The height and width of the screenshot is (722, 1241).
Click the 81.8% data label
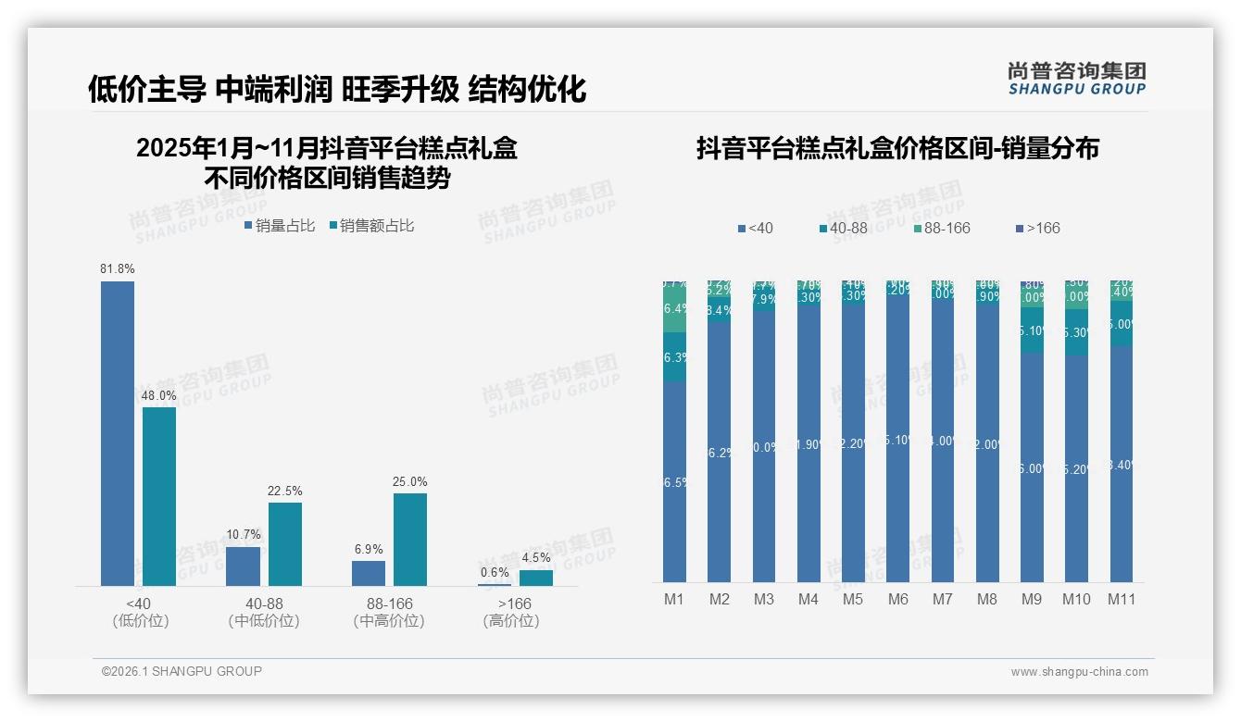click(118, 269)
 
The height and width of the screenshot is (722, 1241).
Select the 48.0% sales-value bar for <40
click(159, 495)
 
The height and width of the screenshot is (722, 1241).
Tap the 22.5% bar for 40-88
click(285, 543)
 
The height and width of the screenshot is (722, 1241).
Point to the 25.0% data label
click(410, 482)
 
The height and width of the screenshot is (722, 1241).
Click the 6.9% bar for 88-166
click(369, 573)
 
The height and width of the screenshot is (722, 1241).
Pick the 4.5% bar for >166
click(535, 578)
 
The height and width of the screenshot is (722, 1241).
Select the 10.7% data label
click(244, 535)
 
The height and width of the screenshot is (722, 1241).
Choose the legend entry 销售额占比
click(370, 226)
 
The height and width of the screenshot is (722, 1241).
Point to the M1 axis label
click(674, 599)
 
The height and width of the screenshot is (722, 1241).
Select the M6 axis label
click(897, 599)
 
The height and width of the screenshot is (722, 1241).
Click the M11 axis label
click(1122, 599)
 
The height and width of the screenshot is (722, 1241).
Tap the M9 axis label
click(1032, 599)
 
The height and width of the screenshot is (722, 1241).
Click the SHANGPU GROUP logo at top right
click(1077, 79)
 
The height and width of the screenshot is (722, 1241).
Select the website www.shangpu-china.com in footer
click(1079, 672)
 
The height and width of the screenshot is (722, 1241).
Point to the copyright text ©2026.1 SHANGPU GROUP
click(182, 671)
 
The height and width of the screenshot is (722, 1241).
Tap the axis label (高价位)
click(510, 621)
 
